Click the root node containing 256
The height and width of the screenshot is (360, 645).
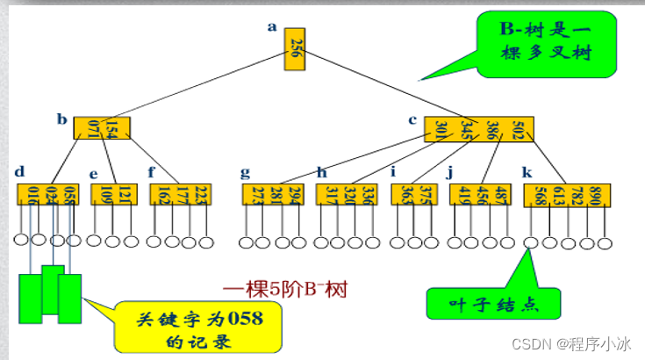pos(296,52)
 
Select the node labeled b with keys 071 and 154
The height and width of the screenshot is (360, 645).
pos(102,128)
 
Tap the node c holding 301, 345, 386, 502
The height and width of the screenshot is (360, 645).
pos(477,128)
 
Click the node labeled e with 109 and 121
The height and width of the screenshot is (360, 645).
pos(113,195)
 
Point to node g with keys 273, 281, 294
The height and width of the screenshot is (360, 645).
pos(269,195)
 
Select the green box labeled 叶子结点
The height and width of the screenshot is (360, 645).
pos(492,303)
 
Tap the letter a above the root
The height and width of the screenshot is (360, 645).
pos(272,27)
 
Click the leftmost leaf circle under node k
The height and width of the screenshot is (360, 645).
pos(531,242)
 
